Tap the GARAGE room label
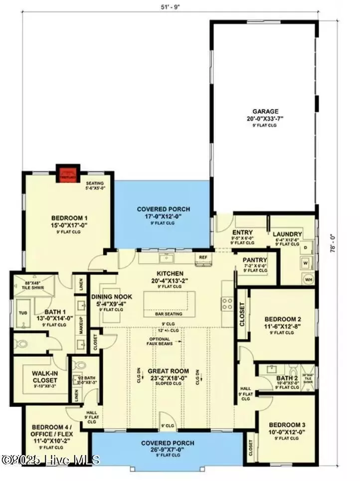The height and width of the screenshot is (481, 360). (x=265, y=111)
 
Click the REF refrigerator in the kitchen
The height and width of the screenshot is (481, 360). (x=203, y=257)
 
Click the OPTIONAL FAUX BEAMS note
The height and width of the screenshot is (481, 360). (x=159, y=342)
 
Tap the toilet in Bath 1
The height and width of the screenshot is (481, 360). (x=22, y=344)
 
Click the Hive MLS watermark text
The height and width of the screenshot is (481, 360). (x=50, y=460)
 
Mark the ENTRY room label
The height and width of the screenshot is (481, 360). (x=243, y=233)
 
